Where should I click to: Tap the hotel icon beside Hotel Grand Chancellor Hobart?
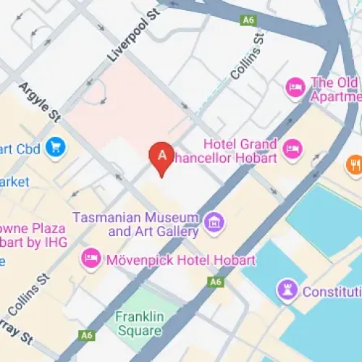[291, 150]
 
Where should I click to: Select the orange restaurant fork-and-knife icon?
[354, 164]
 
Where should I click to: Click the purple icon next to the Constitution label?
[287, 292]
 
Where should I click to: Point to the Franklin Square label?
[138, 324]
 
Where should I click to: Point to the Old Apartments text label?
[334, 89]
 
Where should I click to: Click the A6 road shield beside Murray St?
[87, 334]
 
